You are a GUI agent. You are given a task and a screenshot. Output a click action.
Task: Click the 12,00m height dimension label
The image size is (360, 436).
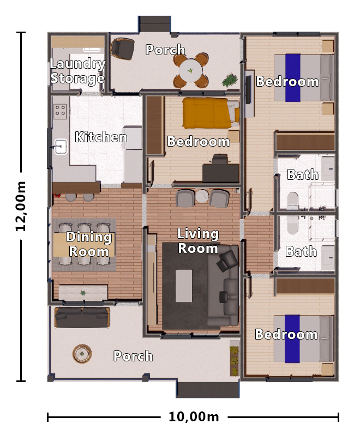(21, 207)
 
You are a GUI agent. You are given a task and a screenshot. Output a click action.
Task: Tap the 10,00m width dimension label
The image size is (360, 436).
(194, 417)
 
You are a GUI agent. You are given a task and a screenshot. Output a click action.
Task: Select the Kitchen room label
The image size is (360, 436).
(101, 137)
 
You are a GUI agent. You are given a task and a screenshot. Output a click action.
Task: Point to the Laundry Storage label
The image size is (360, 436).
(77, 71)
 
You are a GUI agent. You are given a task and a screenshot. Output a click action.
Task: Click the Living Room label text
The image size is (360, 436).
(198, 241)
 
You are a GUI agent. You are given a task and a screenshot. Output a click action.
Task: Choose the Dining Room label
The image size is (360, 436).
(89, 244)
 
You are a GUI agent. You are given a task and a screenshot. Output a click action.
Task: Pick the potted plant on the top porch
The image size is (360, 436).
(230, 80)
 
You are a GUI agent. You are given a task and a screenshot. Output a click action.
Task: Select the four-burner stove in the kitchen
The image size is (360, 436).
(60, 111)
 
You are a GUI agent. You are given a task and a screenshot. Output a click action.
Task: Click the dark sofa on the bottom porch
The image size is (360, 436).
(82, 317)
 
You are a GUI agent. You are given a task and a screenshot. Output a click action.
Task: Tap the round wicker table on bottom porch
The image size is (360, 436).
(82, 354)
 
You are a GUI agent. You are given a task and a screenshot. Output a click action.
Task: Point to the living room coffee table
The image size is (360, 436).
(184, 286)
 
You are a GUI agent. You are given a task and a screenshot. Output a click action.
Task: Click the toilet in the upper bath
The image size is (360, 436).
(292, 200)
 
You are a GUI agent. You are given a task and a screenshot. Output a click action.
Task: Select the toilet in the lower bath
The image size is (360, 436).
(292, 224)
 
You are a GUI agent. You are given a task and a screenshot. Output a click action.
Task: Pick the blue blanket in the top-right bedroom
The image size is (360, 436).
(293, 77)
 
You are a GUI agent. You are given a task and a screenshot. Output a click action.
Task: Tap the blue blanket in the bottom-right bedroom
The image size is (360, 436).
(293, 338)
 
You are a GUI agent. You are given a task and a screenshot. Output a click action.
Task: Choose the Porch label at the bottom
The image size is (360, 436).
(133, 356)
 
